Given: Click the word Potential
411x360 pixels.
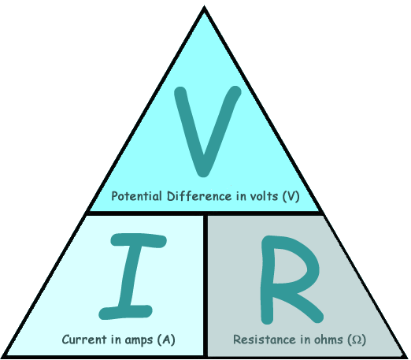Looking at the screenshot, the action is [136, 196].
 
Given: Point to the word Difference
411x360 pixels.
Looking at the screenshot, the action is [199, 196].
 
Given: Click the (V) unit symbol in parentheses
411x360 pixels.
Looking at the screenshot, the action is [291, 196].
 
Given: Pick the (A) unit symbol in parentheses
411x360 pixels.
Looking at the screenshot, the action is [166, 340].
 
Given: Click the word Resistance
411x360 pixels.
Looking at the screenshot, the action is [265, 340].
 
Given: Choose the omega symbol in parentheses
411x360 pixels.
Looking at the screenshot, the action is [357, 340].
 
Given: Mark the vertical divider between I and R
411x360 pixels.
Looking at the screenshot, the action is [205, 286].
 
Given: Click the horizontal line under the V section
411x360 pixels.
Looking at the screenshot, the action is [205, 213].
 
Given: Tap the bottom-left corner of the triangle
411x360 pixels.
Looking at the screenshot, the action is [2, 358].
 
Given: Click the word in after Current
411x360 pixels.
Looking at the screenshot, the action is [116, 340].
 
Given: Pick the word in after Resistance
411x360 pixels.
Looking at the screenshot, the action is [305, 340].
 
